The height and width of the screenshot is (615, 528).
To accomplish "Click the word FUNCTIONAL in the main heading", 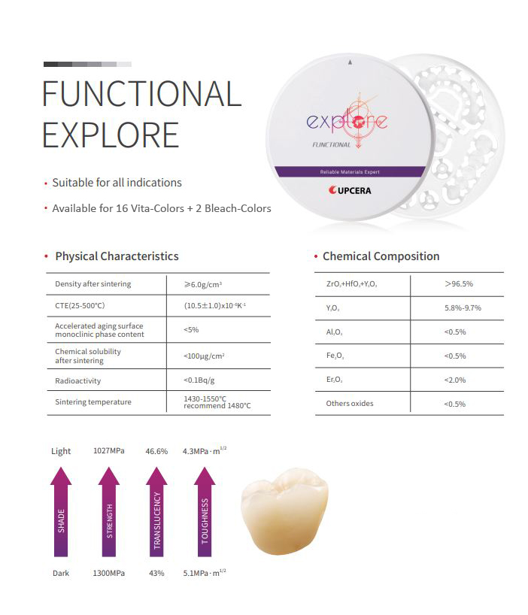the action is click(141, 94).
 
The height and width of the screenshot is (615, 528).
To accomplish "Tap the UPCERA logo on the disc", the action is click(350, 190).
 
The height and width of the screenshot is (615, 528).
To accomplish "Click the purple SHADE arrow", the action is click(61, 511).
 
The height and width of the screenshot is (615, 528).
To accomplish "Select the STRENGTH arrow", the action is click(109, 511).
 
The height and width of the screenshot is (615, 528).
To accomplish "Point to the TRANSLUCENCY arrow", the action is click(157, 511).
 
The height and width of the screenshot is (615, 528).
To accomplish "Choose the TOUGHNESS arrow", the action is click(205, 511).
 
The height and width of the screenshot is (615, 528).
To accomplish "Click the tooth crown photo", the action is click(284, 511).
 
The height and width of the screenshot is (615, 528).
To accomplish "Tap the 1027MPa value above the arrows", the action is click(109, 450).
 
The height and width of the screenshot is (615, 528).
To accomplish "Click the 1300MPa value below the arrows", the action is click(109, 573).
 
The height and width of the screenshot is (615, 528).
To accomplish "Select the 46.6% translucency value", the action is click(156, 451).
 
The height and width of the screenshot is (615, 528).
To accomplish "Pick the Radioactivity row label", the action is click(77, 380).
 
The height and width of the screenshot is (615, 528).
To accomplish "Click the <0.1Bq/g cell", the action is click(199, 380).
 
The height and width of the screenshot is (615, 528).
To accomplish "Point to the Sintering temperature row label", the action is click(93, 401).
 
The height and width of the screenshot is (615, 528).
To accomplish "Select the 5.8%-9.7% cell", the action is click(463, 308).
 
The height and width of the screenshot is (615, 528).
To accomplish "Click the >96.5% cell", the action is click(459, 283).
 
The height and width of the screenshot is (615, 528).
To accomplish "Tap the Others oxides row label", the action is click(350, 403).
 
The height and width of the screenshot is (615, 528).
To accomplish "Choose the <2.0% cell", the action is click(455, 380).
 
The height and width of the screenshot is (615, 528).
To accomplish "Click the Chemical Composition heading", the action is click(381, 256).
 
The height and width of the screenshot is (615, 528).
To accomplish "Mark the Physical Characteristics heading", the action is click(117, 256).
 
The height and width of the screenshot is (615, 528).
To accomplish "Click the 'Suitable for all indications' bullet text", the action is click(117, 183).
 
